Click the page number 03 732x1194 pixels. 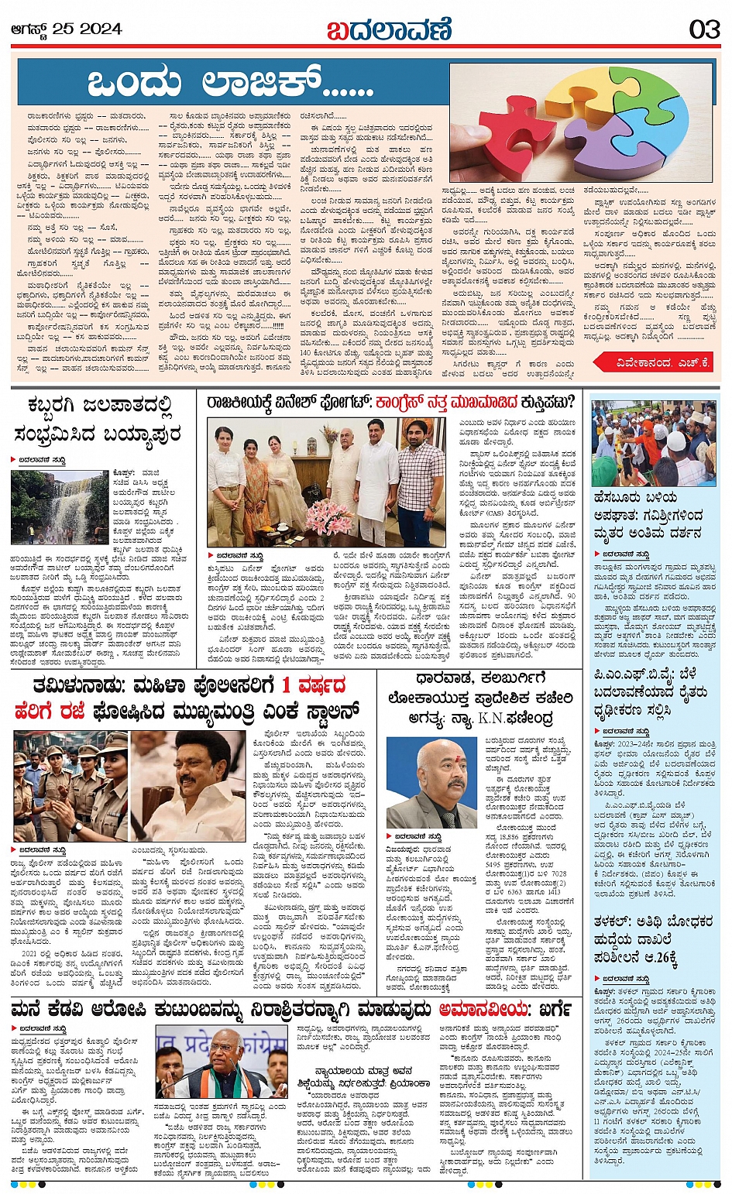coord(705,29)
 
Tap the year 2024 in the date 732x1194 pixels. coord(99,29)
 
